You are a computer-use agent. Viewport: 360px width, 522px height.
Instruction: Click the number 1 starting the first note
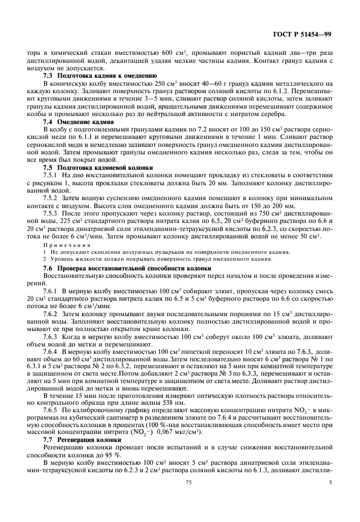45,252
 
